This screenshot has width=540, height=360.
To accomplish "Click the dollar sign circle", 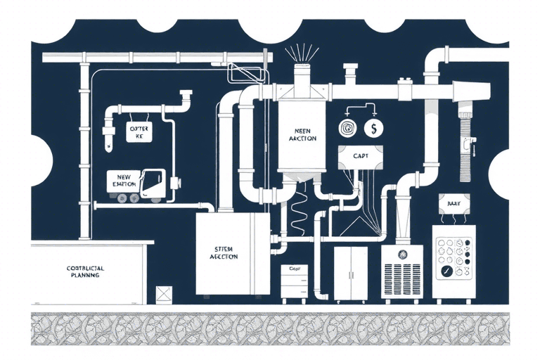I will click(x=374, y=128).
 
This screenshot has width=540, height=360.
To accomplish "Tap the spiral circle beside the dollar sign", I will click(x=348, y=128).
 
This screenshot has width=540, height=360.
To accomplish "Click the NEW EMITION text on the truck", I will click(x=121, y=180).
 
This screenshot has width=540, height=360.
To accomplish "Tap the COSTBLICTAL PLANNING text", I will click(x=83, y=272).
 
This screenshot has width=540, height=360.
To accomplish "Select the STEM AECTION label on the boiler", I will click(x=225, y=253).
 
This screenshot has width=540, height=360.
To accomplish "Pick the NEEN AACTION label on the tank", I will click(x=302, y=134).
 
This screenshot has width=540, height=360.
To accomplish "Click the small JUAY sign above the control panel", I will click(x=452, y=203).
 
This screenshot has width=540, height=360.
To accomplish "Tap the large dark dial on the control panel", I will click(x=445, y=269).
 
